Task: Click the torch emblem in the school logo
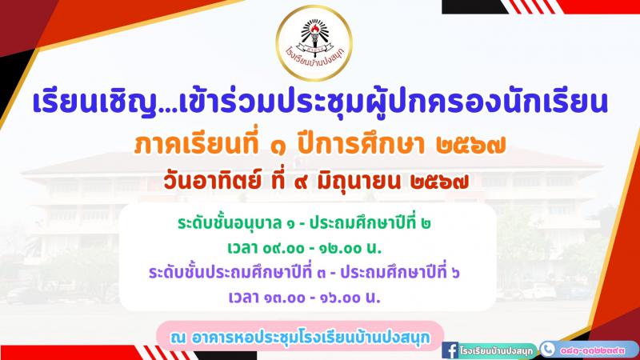click(314, 34)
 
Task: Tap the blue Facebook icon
click(450, 350)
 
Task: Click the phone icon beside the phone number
click(548, 350)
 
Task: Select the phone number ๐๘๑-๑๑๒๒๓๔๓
click(592, 350)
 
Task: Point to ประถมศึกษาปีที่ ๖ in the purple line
click(399, 272)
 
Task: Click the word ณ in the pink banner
click(178, 338)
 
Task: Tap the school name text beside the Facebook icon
click(495, 350)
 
